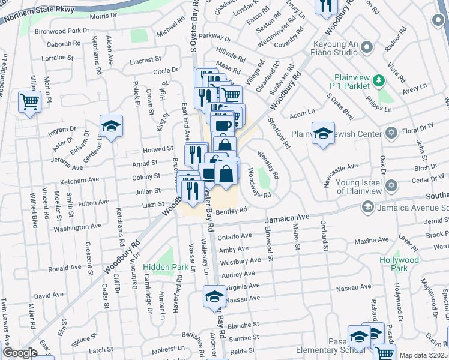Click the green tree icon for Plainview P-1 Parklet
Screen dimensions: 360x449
[378, 80]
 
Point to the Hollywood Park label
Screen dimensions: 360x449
[399, 264]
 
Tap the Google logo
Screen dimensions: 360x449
[20, 353]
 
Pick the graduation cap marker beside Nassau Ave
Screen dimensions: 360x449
[214, 296]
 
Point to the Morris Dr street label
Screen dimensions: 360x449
[103, 16]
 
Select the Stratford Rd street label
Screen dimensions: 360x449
[283, 136]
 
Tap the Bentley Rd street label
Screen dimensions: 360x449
[231, 211]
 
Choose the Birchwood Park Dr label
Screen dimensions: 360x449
[62, 31]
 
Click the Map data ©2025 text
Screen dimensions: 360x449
[424, 355]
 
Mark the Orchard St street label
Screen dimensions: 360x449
[325, 235]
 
